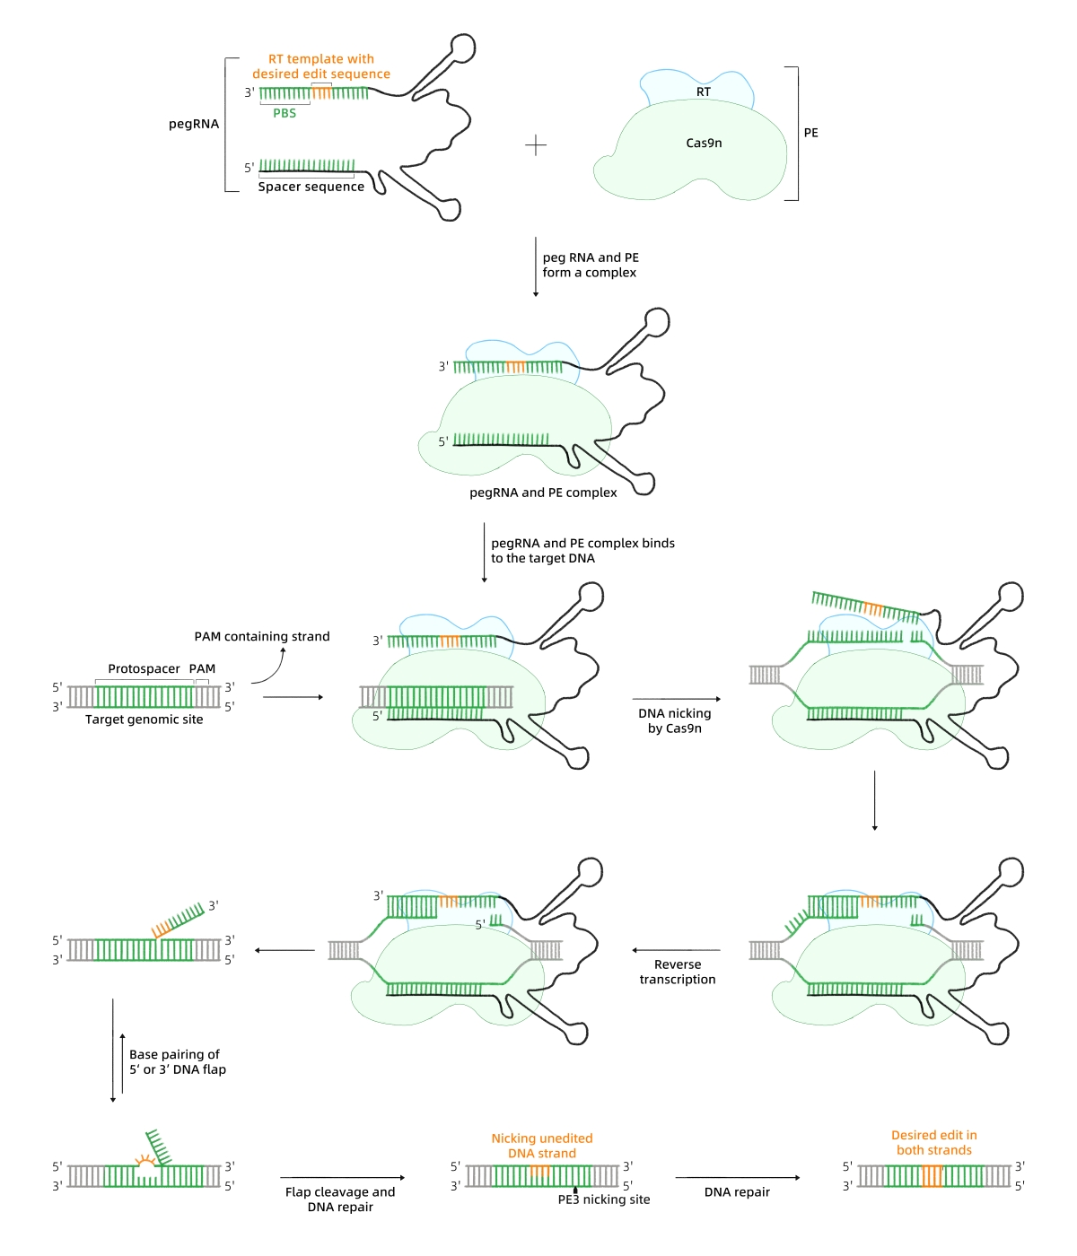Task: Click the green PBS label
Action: click(285, 113)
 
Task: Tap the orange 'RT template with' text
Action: click(320, 59)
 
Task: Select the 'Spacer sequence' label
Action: click(311, 187)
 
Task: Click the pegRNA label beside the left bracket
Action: click(194, 124)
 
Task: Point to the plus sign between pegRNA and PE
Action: click(536, 145)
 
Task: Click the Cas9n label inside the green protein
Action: click(704, 143)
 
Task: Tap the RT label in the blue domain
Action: click(704, 92)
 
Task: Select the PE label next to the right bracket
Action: click(810, 133)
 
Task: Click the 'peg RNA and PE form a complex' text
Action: click(590, 265)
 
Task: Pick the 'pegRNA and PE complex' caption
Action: click(543, 493)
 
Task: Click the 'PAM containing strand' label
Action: click(262, 636)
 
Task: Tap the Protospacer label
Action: click(144, 668)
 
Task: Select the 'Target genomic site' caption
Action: click(144, 720)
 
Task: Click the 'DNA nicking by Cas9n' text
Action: click(674, 720)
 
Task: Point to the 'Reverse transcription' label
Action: click(678, 972)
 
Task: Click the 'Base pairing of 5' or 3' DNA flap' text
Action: click(177, 1061)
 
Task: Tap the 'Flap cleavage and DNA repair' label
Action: click(340, 1199)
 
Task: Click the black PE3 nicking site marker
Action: click(575, 1191)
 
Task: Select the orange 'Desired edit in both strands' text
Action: click(933, 1142)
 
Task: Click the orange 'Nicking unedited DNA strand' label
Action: click(542, 1146)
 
